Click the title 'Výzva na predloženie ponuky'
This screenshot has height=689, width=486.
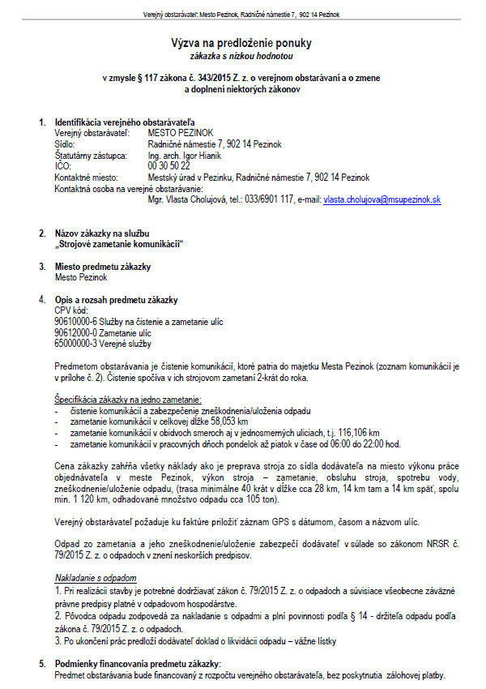[241, 42]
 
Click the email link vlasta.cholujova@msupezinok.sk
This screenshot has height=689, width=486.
[382, 199]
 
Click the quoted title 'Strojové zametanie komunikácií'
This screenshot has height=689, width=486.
[119, 244]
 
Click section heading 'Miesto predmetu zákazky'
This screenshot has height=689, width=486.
[103, 267]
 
